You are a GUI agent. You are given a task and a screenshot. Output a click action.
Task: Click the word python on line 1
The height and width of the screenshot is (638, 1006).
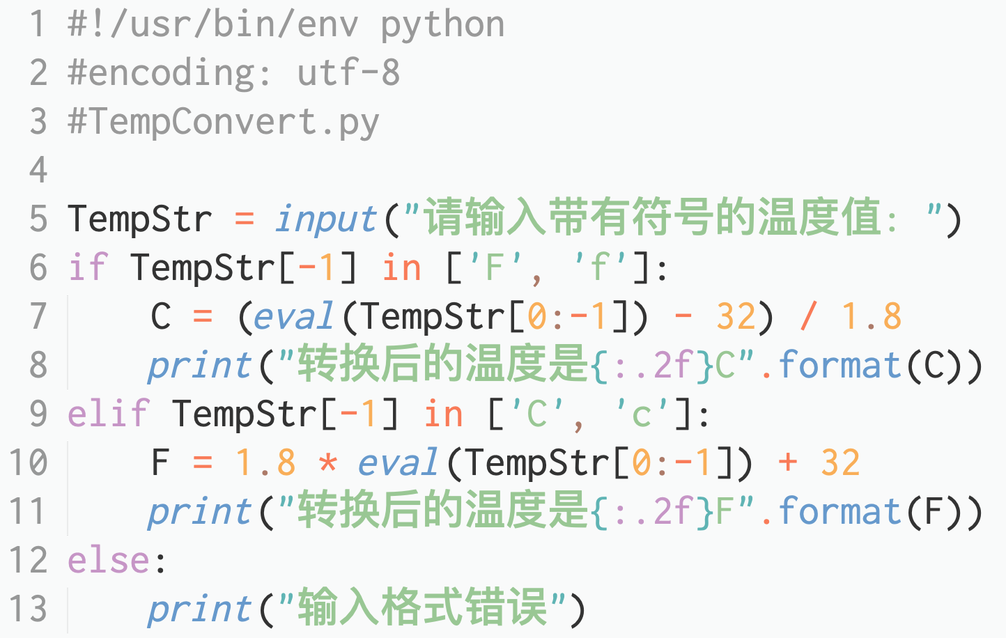pyautogui.click(x=442, y=26)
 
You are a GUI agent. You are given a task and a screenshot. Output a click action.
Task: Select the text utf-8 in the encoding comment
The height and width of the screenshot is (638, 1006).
pyautogui.click(x=348, y=73)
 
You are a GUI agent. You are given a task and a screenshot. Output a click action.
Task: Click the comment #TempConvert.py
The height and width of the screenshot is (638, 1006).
pyautogui.click(x=223, y=122)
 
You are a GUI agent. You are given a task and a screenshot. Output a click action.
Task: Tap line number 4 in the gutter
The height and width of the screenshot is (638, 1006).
pyautogui.click(x=38, y=171)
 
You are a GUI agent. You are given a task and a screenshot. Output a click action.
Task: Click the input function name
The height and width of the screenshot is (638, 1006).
pyautogui.click(x=326, y=219)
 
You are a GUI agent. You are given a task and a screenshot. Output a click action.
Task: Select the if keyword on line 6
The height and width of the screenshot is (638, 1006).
pyautogui.click(x=88, y=268)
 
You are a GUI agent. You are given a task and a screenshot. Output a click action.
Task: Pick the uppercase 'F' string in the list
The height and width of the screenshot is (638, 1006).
pyautogui.click(x=494, y=268)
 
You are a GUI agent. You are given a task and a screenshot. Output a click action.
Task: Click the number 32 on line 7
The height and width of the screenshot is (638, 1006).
pyautogui.click(x=736, y=317)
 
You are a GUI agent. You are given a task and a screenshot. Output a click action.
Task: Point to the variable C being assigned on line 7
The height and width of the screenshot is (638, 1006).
pyautogui.click(x=161, y=317)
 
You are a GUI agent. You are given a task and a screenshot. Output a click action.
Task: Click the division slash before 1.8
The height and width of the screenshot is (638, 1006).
pyautogui.click(x=808, y=317)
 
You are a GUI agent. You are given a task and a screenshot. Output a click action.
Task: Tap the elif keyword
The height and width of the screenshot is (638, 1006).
pyautogui.click(x=109, y=414)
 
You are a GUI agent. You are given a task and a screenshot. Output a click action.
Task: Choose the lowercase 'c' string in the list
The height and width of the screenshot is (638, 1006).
pyautogui.click(x=641, y=414)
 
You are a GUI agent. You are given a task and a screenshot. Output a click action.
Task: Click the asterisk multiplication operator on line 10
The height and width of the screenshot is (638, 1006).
pyautogui.click(x=327, y=463)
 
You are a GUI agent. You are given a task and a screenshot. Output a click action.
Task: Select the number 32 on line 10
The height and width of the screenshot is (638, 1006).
pyautogui.click(x=840, y=463)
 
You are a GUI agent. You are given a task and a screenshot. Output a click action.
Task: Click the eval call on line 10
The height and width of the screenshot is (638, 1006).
pyautogui.click(x=398, y=463)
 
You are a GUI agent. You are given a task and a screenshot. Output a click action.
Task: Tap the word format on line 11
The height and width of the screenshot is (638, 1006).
pyautogui.click(x=839, y=512)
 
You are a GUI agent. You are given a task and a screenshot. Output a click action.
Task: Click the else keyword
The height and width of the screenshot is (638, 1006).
pyautogui.click(x=109, y=561)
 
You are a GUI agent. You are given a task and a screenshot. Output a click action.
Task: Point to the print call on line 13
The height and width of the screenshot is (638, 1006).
pyautogui.click(x=200, y=609)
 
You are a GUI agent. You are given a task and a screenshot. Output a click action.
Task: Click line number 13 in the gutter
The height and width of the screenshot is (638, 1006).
pyautogui.click(x=29, y=609)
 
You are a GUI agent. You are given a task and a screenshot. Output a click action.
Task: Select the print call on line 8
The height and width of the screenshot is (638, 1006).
pyautogui.click(x=200, y=366)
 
